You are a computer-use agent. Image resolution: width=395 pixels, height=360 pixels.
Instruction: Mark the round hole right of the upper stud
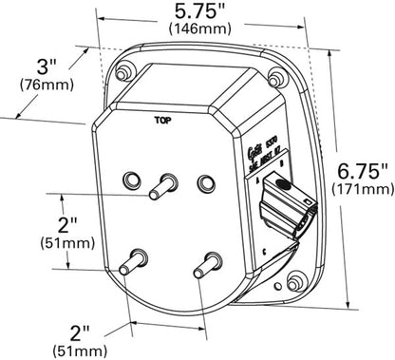tap(203, 180)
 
